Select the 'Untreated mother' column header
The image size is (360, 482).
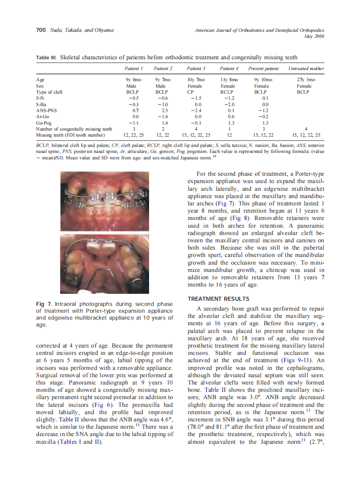(306, 68)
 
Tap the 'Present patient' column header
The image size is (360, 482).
(263, 68)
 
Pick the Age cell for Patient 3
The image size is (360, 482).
(196, 80)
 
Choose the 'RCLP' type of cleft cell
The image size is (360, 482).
(227, 92)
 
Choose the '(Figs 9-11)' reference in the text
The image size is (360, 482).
(295, 360)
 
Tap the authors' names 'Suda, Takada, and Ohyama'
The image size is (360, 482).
(82, 30)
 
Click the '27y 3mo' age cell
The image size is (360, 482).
(306, 80)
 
